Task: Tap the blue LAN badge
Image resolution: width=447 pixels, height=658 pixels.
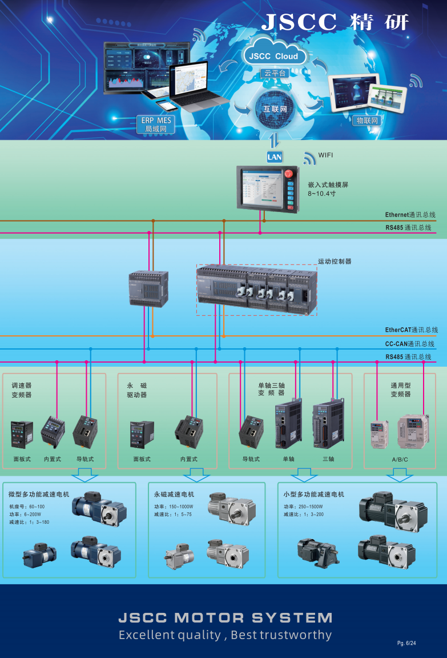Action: click(x=275, y=157)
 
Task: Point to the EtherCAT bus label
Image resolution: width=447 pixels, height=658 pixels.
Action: click(x=411, y=330)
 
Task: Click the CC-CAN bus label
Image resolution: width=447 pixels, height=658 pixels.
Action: click(x=409, y=344)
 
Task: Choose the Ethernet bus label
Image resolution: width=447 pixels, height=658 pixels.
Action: click(x=410, y=215)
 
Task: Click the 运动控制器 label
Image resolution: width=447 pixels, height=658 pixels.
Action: click(x=335, y=262)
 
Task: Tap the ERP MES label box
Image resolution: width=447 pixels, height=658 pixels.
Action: click(x=156, y=125)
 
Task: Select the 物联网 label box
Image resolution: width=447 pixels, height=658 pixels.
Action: click(x=367, y=121)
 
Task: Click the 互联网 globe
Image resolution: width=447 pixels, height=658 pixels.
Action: click(x=275, y=108)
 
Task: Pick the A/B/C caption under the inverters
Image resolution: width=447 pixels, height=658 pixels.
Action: click(x=400, y=459)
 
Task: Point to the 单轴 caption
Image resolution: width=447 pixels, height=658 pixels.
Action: click(x=288, y=459)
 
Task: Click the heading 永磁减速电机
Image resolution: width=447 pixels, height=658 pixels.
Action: click(x=174, y=494)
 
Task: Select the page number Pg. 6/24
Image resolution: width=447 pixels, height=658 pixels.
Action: click(x=406, y=643)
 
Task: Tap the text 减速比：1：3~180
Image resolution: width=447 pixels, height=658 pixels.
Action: click(x=29, y=522)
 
